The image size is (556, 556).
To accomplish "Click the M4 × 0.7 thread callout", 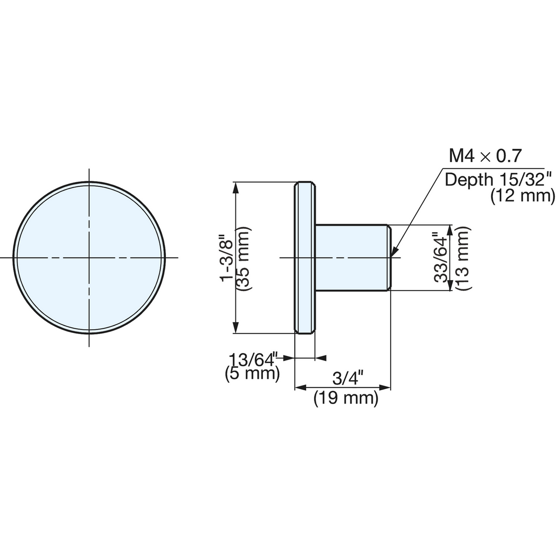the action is tap(485, 156).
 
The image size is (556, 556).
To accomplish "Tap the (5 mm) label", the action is tap(252, 374).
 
